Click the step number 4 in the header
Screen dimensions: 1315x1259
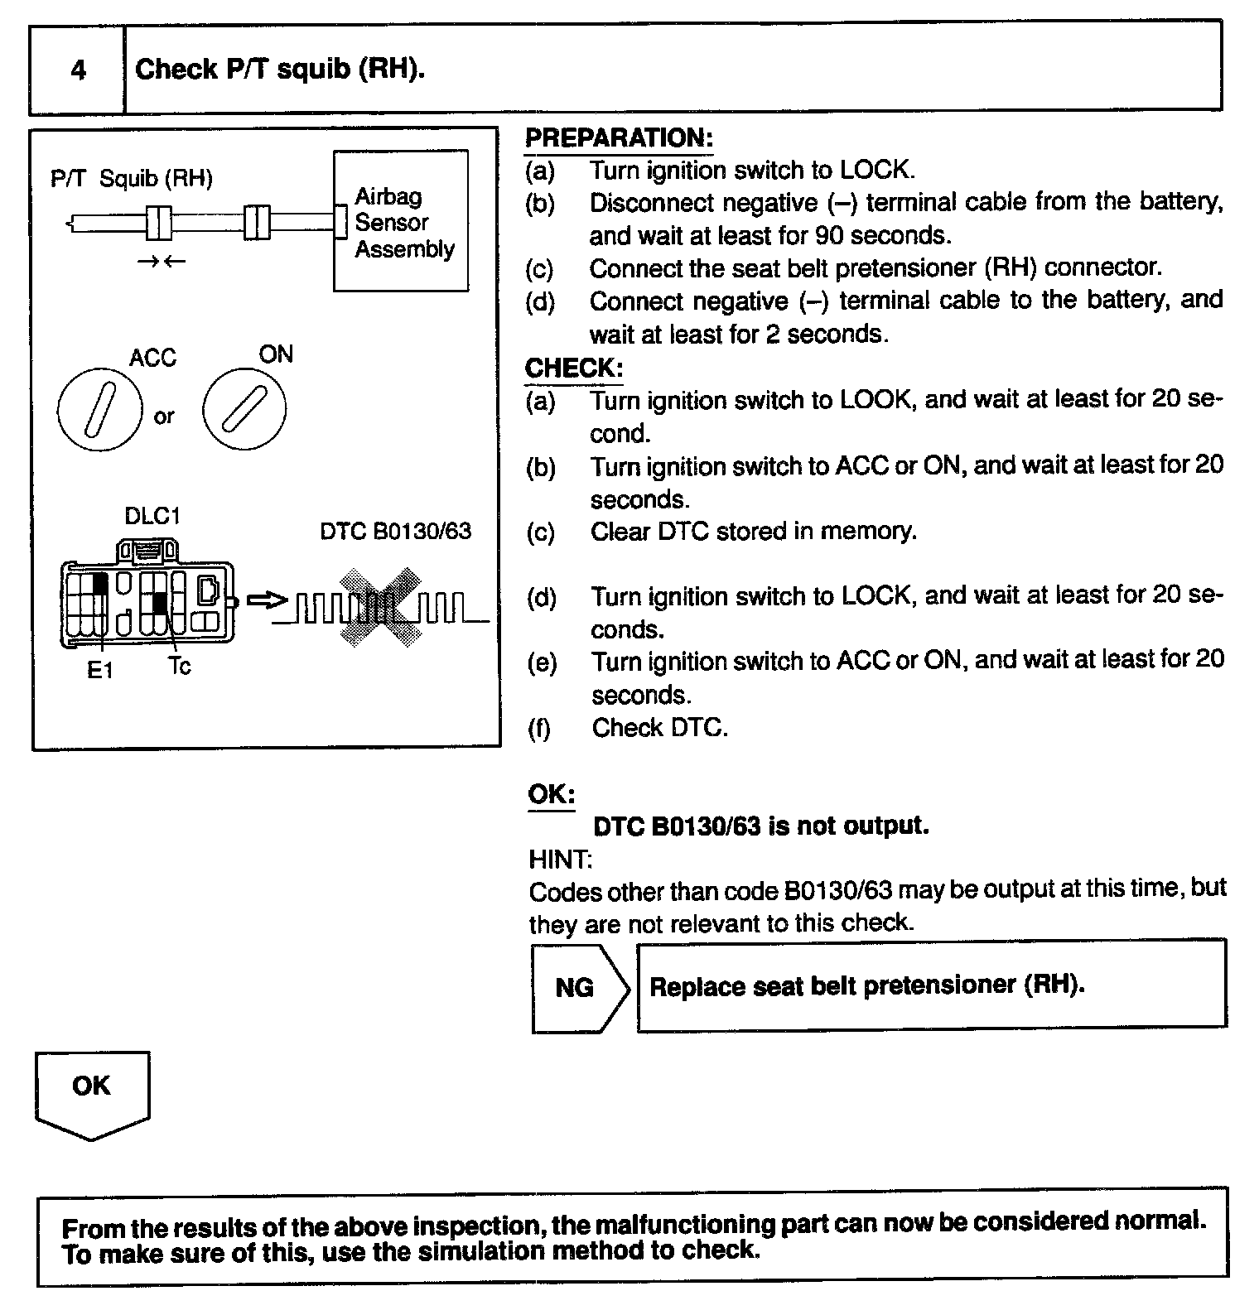click(x=78, y=70)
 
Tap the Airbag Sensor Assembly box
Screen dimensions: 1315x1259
click(x=402, y=221)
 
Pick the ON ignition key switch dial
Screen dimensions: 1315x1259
click(x=244, y=409)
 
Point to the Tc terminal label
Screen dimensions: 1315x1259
click(x=179, y=667)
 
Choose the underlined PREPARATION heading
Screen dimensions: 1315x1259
click(x=619, y=137)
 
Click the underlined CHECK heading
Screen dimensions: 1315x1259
click(x=573, y=368)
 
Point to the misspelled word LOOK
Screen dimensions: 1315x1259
click(x=877, y=400)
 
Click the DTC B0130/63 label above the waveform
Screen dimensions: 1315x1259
click(x=395, y=531)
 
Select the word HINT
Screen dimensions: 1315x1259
click(x=560, y=860)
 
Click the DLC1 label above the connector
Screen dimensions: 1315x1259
click(x=152, y=516)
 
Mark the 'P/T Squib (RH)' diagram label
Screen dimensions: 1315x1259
click(x=132, y=178)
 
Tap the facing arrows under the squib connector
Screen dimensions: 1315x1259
click(x=162, y=263)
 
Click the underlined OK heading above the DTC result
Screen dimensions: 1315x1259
click(x=551, y=794)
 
